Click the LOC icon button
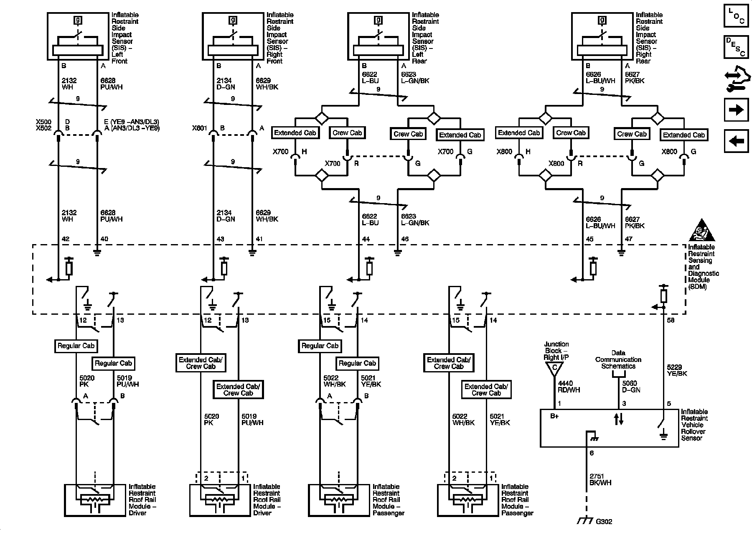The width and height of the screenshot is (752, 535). (736, 16)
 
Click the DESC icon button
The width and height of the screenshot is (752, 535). (736, 47)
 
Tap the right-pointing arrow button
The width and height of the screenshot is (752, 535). (736, 110)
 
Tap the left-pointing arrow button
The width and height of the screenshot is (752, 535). (736, 141)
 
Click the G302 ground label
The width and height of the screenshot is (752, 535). (604, 522)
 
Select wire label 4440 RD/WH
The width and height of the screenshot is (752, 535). (566, 387)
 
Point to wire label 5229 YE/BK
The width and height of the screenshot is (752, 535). (677, 370)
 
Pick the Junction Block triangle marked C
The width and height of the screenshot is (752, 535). (555, 368)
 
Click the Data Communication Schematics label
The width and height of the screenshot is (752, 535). (618, 359)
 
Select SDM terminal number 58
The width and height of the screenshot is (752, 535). (671, 320)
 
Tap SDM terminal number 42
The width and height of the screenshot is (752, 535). (65, 239)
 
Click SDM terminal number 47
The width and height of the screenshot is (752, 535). (629, 239)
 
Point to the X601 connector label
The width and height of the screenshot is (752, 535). (199, 128)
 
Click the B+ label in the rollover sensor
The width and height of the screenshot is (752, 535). (554, 416)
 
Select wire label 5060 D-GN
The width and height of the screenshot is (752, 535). (631, 387)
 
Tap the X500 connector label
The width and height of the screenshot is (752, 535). (43, 122)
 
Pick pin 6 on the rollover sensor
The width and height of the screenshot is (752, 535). (591, 453)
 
